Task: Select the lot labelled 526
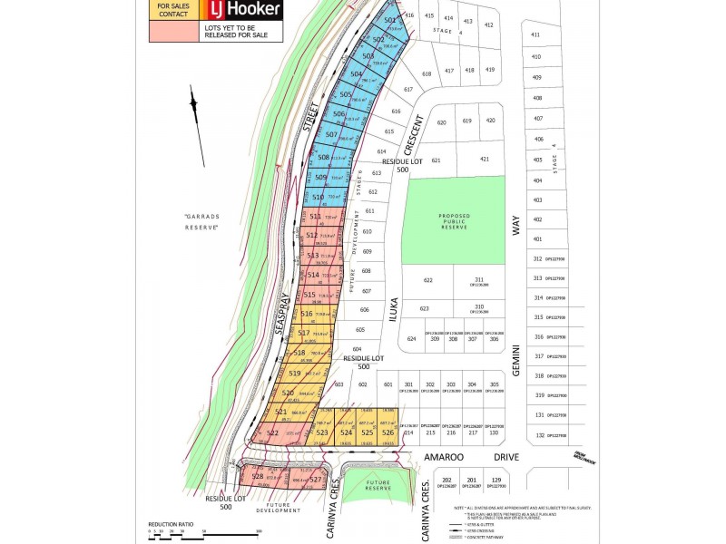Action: [x=388, y=432]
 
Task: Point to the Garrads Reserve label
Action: [x=202, y=221]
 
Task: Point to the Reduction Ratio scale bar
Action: [x=203, y=531]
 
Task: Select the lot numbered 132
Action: [x=539, y=436]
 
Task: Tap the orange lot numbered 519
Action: [x=296, y=374]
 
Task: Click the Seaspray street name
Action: [x=282, y=316]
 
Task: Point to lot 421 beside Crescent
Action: [x=485, y=160]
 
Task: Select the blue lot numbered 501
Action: [x=390, y=19]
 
